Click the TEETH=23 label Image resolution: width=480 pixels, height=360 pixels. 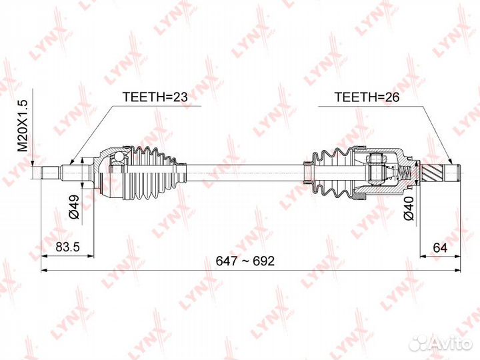click(x=155, y=97)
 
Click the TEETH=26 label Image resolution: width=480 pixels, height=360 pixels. click(x=367, y=97)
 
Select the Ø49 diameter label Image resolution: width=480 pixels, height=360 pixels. click(x=75, y=206)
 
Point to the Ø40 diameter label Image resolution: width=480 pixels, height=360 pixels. click(x=409, y=208)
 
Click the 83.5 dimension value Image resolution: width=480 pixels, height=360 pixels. click(x=67, y=247)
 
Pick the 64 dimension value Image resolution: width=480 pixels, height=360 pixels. click(x=440, y=247)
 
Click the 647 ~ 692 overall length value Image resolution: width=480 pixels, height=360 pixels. click(x=245, y=261)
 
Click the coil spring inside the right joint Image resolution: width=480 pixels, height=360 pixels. click(x=405, y=174)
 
